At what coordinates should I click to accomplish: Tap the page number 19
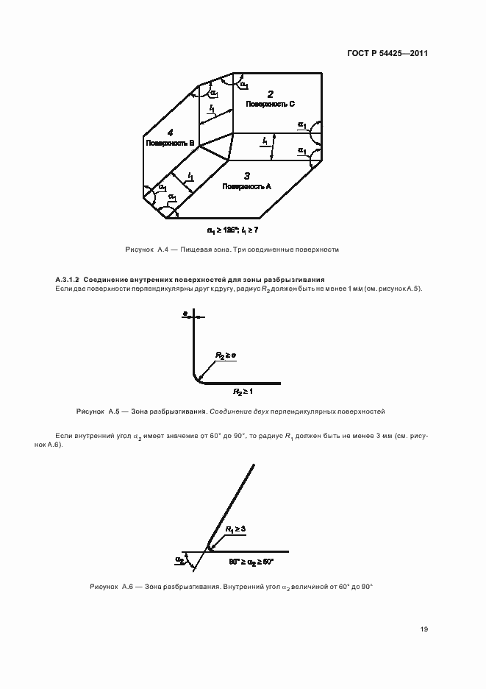click(x=424, y=629)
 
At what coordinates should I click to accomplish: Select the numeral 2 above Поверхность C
click(x=271, y=94)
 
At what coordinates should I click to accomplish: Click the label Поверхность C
click(x=271, y=105)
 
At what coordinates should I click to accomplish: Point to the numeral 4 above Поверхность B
click(x=170, y=132)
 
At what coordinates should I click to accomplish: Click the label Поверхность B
click(x=170, y=143)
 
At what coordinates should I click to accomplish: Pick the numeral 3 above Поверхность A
click(x=247, y=176)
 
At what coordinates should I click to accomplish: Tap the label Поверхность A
click(x=247, y=187)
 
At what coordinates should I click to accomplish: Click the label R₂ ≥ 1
click(x=243, y=392)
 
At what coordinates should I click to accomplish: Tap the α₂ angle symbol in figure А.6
click(x=179, y=560)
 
